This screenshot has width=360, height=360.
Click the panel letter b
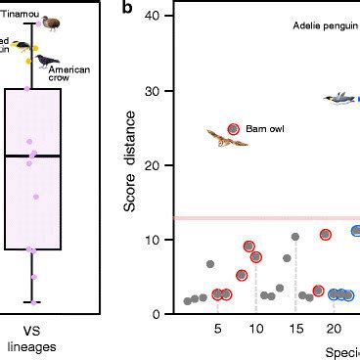[126, 8]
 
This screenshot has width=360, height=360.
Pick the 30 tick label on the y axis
[154, 90]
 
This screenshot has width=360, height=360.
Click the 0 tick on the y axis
[157, 313]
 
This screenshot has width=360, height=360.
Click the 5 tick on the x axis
[218, 329]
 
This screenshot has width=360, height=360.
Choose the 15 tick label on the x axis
[294, 329]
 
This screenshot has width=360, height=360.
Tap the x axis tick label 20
[333, 329]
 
